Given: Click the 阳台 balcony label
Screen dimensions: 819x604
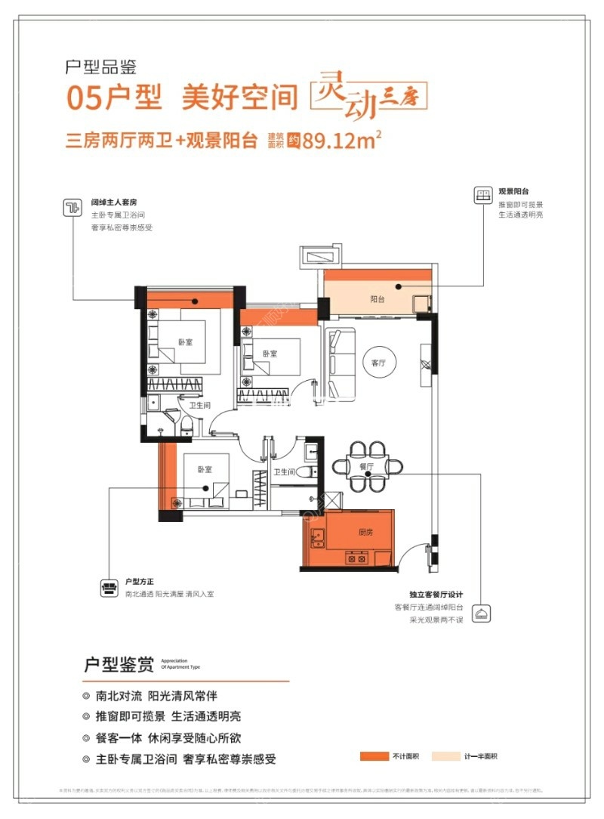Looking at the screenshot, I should coord(377,299).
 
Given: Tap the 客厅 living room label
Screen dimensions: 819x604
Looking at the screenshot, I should coord(378,363).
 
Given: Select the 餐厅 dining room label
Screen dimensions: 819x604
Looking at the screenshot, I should coord(367,467).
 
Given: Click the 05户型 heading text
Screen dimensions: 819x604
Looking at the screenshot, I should coord(113,98).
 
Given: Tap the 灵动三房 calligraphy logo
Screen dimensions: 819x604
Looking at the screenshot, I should coord(371,96).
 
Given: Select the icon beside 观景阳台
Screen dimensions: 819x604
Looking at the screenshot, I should coord(481,196).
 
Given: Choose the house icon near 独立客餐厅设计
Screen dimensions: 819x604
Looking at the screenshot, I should coord(480,613).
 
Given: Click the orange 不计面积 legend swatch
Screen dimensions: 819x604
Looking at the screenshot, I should coord(374,756).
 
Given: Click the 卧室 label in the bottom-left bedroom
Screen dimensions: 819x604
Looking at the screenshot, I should coord(205,469).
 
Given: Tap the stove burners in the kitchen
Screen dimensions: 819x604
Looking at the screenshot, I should coord(356,560).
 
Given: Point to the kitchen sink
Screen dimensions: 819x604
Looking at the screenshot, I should coord(318,539).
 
